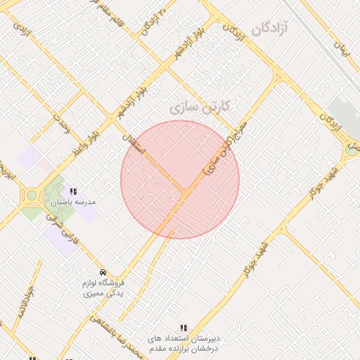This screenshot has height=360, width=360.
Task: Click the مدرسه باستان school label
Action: tap(72, 202)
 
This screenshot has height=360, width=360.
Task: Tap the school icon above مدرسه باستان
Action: tap(73, 191)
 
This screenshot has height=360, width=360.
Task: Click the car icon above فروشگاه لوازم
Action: tap(103, 272)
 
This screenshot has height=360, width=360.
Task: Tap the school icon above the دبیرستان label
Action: tap(184, 328)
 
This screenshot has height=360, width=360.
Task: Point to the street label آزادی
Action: tap(22, 32)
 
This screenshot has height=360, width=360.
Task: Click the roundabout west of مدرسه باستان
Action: tap(31, 195)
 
